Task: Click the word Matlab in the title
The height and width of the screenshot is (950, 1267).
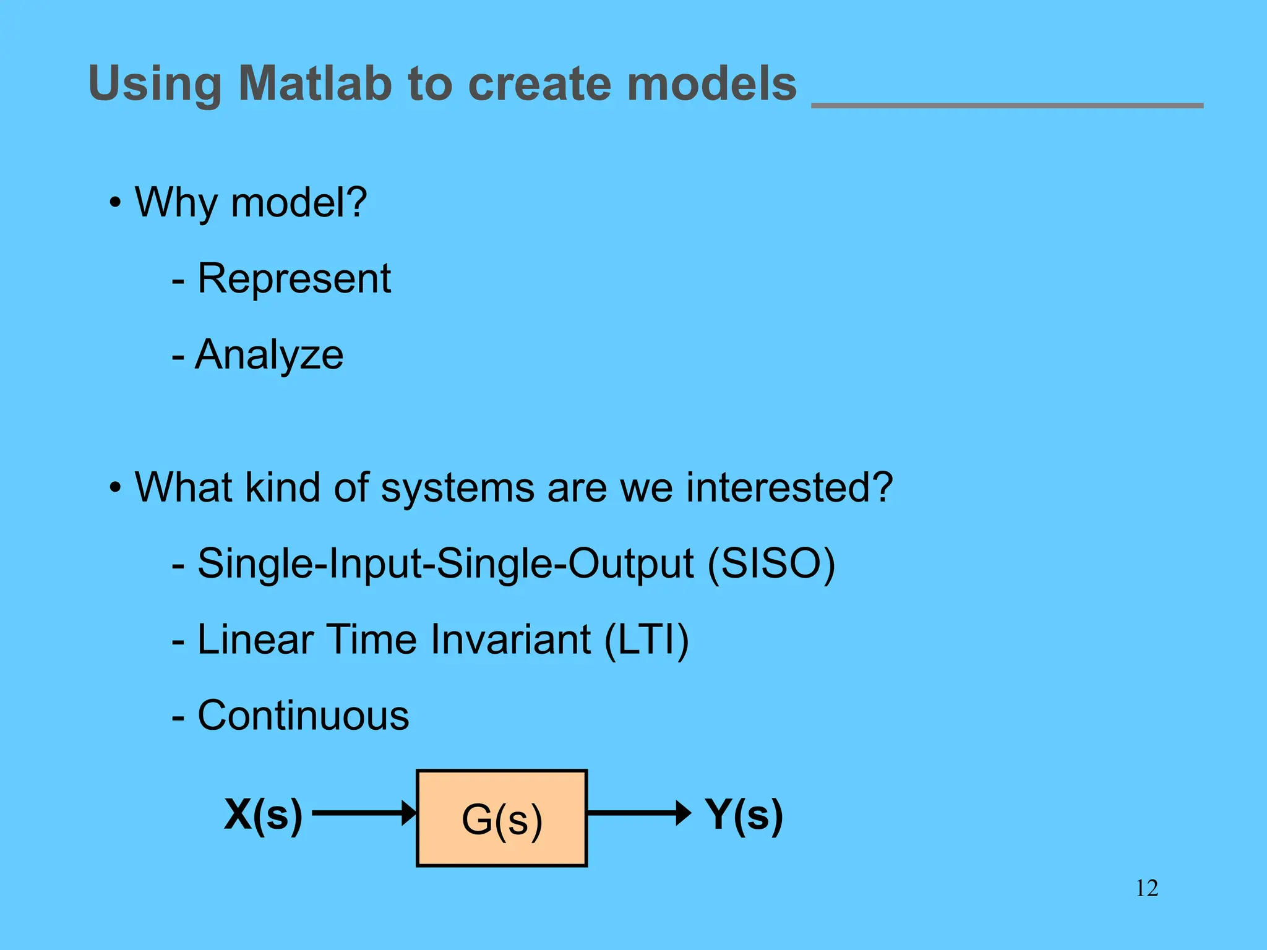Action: pyautogui.click(x=316, y=83)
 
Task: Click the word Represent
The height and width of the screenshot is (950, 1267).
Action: pyautogui.click(x=294, y=278)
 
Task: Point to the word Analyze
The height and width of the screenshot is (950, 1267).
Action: pyautogui.click(x=269, y=355)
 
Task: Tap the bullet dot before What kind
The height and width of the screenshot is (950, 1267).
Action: pyautogui.click(x=115, y=488)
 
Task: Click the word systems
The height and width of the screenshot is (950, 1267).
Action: pyautogui.click(x=457, y=488)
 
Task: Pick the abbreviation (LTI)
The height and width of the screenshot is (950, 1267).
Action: pyautogui.click(x=646, y=640)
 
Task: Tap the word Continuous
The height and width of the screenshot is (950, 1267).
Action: pyautogui.click(x=303, y=716)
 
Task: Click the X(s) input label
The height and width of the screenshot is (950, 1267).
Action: pyautogui.click(x=264, y=815)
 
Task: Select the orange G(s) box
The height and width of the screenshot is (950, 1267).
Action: pyautogui.click(x=502, y=818)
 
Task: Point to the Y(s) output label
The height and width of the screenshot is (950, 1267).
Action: pyautogui.click(x=744, y=815)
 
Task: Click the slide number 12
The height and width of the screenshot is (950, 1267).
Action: pyautogui.click(x=1146, y=889)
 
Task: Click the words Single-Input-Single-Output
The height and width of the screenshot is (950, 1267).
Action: pyautogui.click(x=445, y=563)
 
